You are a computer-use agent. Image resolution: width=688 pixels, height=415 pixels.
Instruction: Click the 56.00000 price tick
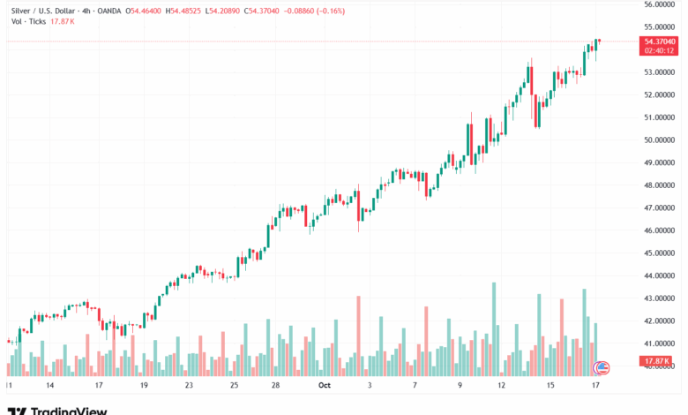(x=661, y=4)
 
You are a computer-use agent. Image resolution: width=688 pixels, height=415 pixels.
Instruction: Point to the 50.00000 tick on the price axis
(x=661, y=140)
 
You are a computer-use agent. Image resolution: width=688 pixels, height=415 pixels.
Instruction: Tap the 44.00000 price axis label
(x=661, y=275)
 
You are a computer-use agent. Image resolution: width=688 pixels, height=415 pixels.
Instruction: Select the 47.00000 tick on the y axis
(x=661, y=207)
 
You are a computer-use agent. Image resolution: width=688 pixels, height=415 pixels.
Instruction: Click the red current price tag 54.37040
(x=661, y=41)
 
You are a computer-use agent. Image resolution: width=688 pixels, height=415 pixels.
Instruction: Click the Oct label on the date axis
(x=324, y=386)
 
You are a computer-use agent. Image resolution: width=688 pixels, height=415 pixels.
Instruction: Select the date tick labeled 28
(x=276, y=386)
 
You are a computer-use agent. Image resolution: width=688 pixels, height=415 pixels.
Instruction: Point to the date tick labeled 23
(x=189, y=386)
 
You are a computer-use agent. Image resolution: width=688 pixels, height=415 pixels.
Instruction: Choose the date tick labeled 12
(x=501, y=386)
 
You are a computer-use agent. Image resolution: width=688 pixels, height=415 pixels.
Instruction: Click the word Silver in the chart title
(x=21, y=11)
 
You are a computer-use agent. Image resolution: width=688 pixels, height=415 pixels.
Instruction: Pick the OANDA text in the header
(x=108, y=11)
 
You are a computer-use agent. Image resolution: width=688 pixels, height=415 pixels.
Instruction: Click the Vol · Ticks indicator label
(x=28, y=20)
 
